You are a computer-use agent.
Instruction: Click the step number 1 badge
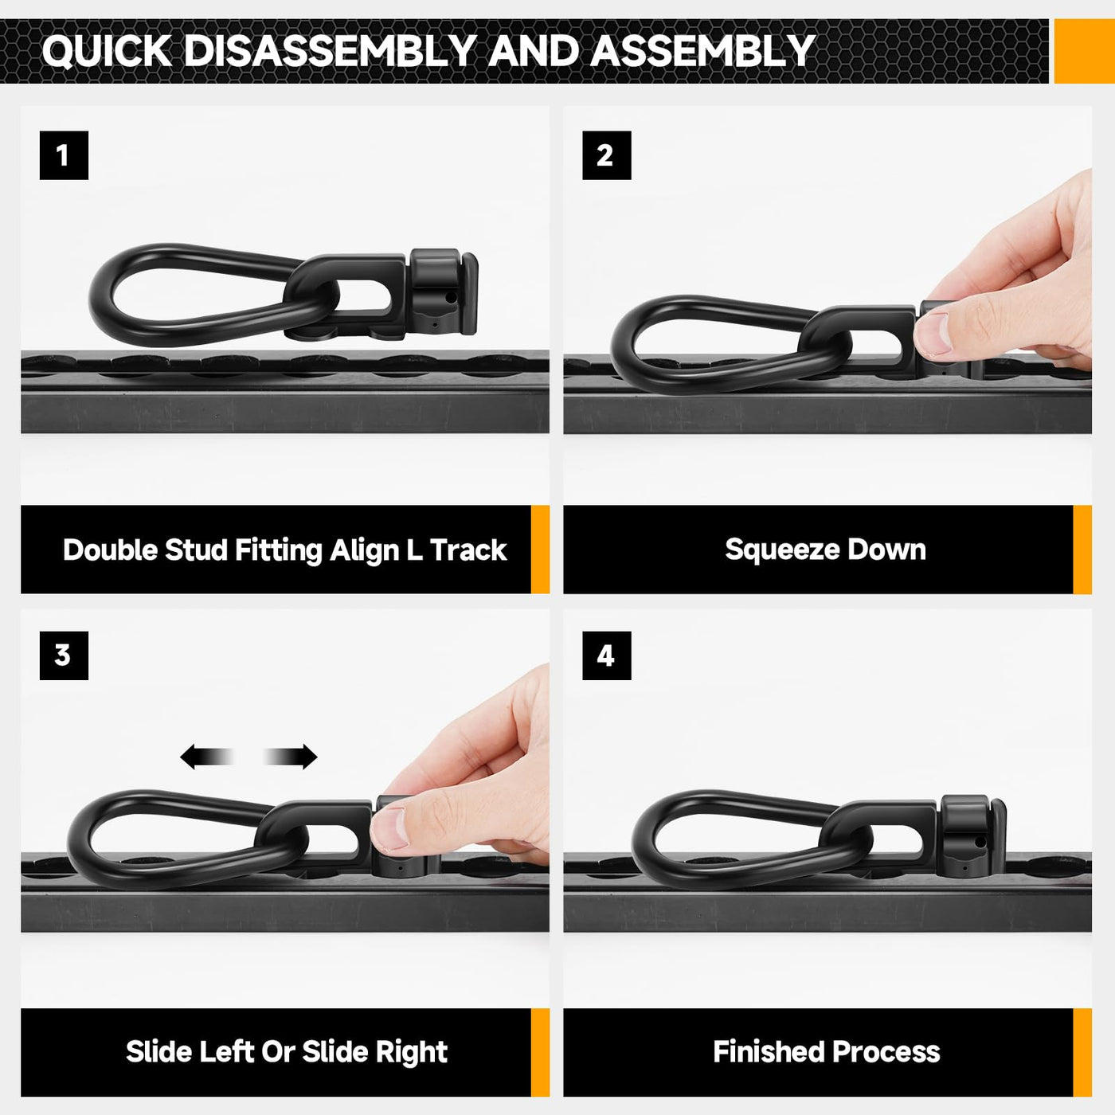(x=64, y=155)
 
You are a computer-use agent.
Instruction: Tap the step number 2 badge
(x=606, y=155)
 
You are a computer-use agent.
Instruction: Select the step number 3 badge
(x=64, y=655)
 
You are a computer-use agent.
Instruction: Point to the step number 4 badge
(x=606, y=655)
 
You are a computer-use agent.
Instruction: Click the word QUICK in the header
(x=107, y=52)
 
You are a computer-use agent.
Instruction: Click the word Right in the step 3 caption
(x=412, y=1052)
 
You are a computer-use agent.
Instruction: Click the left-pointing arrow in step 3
(x=207, y=757)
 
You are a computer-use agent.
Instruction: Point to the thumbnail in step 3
(x=390, y=829)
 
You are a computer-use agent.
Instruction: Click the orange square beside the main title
(x=1084, y=51)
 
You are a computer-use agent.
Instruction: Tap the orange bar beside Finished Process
(x=1082, y=1052)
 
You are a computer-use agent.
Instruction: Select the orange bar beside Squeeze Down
(x=1082, y=550)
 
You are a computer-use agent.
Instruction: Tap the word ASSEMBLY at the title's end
(x=702, y=51)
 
